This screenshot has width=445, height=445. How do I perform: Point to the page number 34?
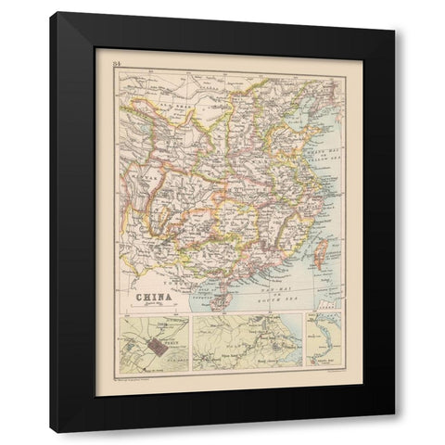[116, 63]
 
